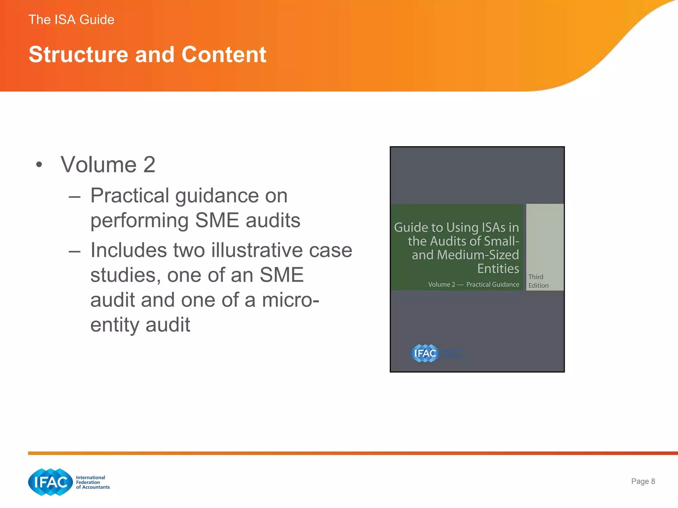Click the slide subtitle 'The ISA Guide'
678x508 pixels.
[x=71, y=20]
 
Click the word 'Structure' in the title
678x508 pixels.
[x=78, y=55]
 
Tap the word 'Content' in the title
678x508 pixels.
[x=224, y=55]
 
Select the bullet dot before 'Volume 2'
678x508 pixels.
[x=39, y=164]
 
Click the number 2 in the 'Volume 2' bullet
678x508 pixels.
[x=149, y=165]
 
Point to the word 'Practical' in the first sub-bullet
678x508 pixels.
[x=129, y=195]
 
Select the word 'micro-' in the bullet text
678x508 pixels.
[x=290, y=300]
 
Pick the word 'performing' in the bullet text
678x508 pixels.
[x=139, y=221]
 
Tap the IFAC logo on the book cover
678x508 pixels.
[x=425, y=353]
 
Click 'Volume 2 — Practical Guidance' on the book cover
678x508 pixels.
[x=473, y=284]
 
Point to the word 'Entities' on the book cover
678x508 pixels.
[x=498, y=269]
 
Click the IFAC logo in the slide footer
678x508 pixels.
[x=50, y=482]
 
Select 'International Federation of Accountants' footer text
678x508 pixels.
[x=92, y=482]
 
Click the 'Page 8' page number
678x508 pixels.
[x=643, y=481]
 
